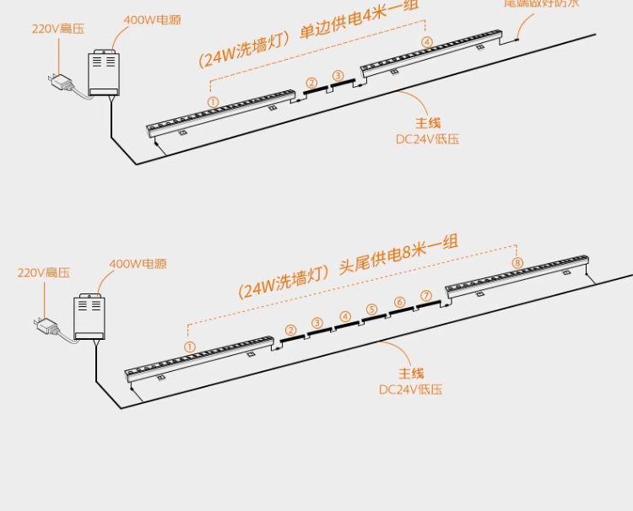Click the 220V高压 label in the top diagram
58,29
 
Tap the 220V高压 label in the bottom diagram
44,272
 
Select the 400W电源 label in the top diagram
152,19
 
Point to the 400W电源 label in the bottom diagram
138,264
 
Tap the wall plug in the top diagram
60,83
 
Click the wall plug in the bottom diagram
44,325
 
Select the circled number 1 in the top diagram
213,102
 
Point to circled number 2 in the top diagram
311,83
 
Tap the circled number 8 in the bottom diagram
517,263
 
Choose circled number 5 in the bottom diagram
372,309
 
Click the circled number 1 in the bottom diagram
190,347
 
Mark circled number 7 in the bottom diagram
426,295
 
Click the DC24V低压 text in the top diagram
428,139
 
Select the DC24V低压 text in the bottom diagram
411,390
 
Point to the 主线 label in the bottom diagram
411,374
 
